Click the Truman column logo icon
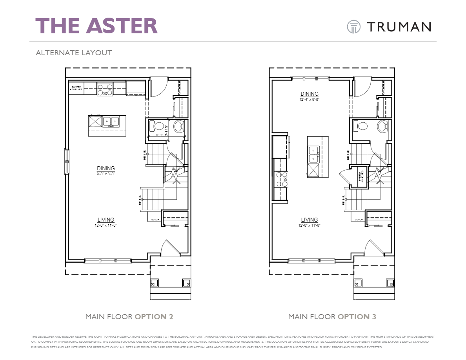coord(353,27)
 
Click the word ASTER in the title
coord(122,25)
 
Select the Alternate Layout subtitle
coord(74,53)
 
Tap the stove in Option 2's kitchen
coord(105,90)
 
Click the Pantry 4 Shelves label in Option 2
coord(76,88)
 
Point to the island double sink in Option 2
coord(111,122)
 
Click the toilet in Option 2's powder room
coord(159,126)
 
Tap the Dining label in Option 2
coord(106,168)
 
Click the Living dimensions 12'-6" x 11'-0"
coord(106,225)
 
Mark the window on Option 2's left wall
coord(67,162)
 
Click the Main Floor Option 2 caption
coord(129,316)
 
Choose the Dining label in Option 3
coord(309,94)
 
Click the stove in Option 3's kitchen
coord(282,179)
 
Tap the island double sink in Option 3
coord(313,155)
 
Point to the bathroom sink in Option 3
coord(382,127)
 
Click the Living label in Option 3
coord(309,220)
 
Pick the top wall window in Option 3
coord(310,79)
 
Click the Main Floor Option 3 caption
coord(332,316)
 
